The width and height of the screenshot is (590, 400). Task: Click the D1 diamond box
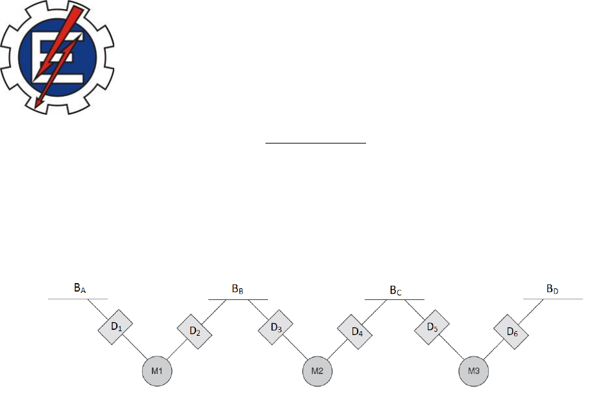(x=116, y=327)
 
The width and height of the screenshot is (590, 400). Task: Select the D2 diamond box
(x=195, y=332)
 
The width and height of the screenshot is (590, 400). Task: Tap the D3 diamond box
(x=275, y=327)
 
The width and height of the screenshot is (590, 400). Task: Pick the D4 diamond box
(x=355, y=332)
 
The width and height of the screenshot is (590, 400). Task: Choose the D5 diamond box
(x=432, y=327)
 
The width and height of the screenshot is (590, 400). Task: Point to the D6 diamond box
(x=511, y=332)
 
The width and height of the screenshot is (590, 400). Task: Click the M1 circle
(x=157, y=371)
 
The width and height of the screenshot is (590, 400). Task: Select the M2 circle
(x=317, y=371)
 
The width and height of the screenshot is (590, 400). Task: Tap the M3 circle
(x=474, y=371)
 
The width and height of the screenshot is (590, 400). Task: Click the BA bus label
(x=80, y=288)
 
